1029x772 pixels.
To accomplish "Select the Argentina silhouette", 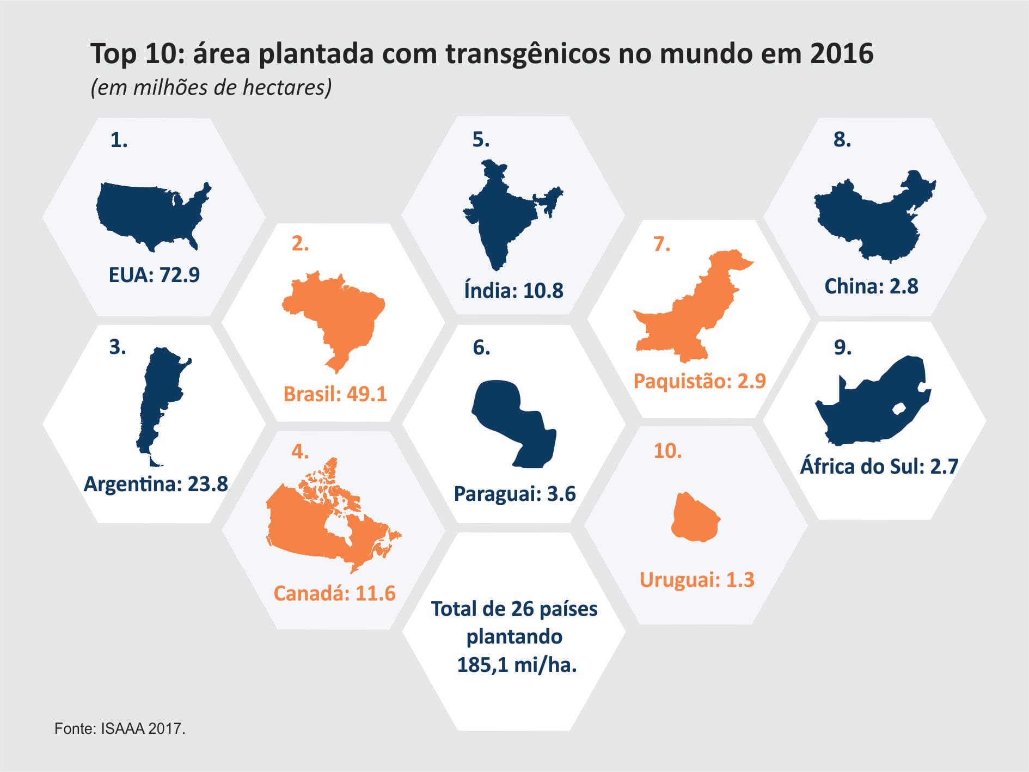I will pos(158,397).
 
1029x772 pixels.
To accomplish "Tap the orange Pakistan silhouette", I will pos(691,316).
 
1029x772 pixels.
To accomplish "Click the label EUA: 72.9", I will pos(154,275).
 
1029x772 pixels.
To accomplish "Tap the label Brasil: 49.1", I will pos(335,394).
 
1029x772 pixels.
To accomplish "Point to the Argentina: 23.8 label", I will pos(156,484).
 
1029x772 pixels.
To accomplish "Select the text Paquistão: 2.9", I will pos(700,381).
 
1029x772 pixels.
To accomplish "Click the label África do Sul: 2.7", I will pos(879,467).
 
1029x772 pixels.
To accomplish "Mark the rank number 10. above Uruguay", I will pos(667,451).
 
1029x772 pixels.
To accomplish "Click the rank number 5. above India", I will pos(481,140).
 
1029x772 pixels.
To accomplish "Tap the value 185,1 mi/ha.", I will pos(516,665).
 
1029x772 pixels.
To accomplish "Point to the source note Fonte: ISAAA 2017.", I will pos(120,728).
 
